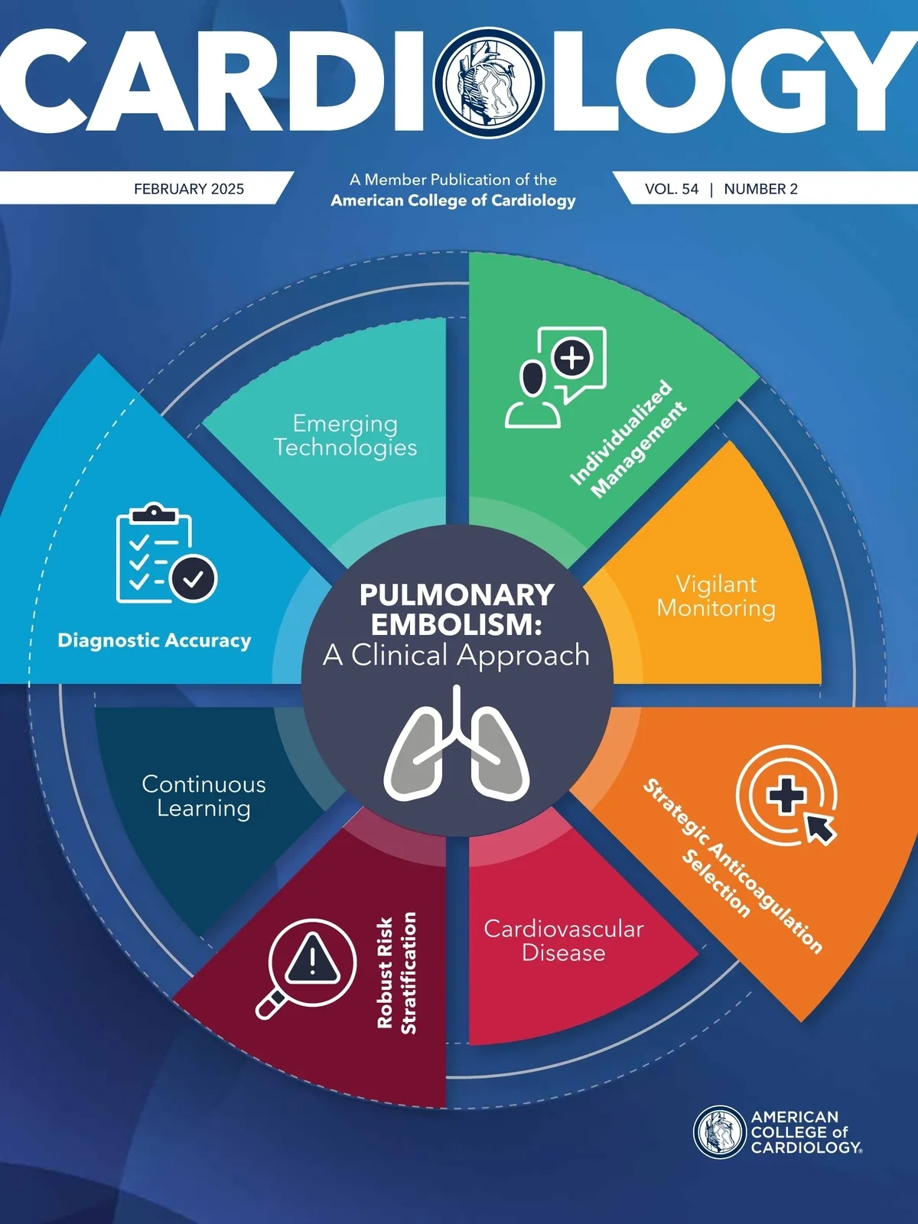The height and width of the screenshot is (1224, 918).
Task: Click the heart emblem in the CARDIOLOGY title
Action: coord(488,82)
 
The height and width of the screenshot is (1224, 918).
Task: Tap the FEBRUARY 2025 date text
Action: coord(189,189)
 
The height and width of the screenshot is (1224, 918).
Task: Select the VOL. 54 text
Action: coord(672,189)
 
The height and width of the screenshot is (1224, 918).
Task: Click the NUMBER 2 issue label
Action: coord(761,189)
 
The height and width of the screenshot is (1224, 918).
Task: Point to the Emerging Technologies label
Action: coord(345,435)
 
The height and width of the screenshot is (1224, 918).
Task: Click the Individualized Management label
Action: coord(628,438)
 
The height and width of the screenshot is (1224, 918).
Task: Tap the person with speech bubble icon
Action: coord(555,377)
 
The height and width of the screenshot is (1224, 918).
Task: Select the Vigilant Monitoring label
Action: coord(716,596)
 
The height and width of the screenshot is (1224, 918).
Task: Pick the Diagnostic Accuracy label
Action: coord(155,640)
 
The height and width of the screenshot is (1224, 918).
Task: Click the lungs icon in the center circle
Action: coord(457,742)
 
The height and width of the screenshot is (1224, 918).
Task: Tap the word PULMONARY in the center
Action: coord(457,594)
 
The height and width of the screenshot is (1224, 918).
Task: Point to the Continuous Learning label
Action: coord(204,796)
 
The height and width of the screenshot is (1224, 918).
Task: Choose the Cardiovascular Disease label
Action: coord(564,940)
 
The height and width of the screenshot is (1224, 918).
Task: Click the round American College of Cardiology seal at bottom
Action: coord(720,1132)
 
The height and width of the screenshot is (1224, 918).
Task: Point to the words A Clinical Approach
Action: coord(457,655)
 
